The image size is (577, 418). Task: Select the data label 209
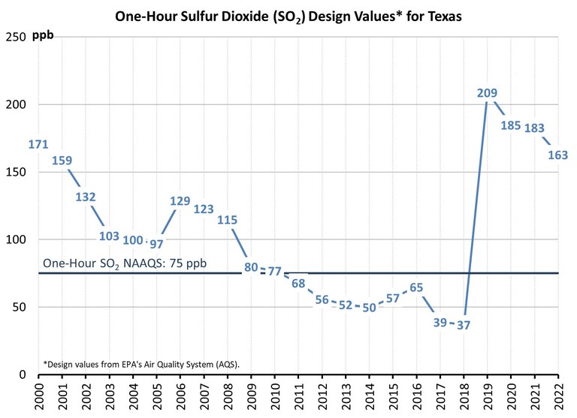click(487, 94)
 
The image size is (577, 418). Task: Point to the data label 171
click(38, 143)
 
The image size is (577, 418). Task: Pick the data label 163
click(557, 156)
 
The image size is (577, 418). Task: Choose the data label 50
click(370, 308)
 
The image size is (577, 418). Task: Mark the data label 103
click(109, 236)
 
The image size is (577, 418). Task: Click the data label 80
click(251, 266)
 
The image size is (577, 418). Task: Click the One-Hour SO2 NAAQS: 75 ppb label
click(124, 264)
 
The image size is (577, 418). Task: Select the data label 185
click(511, 125)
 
